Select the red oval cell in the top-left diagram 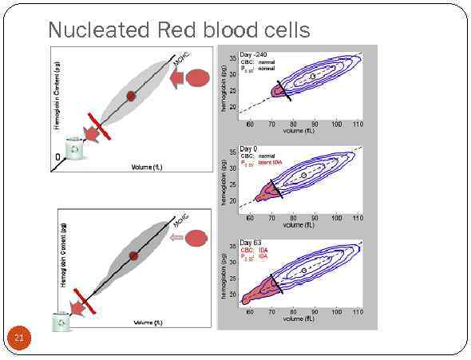[x=199, y=78]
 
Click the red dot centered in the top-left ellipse [x=131, y=95]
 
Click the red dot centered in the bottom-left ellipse [x=133, y=255]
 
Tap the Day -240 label [x=255, y=54]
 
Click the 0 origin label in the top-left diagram [x=57, y=156]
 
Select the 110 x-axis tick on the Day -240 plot [x=358, y=124]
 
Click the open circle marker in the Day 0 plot [x=303, y=175]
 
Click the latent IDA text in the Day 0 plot [x=271, y=162]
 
